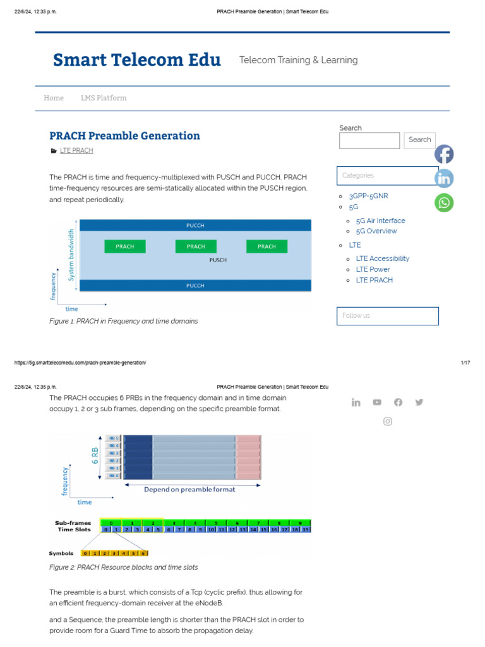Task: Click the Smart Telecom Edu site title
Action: point(137,60)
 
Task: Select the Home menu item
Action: point(54,98)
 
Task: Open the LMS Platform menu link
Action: point(104,98)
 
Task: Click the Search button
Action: point(419,140)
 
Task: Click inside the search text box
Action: point(369,140)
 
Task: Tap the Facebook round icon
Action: point(444,154)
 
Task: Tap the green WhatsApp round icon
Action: point(444,202)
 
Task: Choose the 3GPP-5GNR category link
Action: point(368,196)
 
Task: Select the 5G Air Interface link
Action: point(380,221)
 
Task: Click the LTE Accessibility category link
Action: point(382,258)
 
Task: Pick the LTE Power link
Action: point(373,269)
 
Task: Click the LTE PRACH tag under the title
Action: point(76,151)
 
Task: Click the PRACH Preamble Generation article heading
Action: point(124,136)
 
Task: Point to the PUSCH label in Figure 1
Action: point(218,260)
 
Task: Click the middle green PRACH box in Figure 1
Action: point(196,246)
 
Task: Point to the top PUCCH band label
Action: point(195,226)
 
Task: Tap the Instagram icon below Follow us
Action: point(388,421)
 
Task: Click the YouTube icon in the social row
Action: point(377,402)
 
